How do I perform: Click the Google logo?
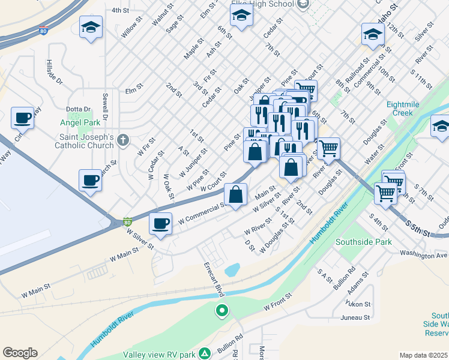click(x=20, y=353)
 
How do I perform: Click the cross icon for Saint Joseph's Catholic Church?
click(x=123, y=140)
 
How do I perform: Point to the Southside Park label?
click(x=363, y=242)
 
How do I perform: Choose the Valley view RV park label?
click(x=160, y=355)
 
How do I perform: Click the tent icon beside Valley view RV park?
click(x=205, y=353)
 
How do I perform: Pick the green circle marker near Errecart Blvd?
click(x=222, y=311)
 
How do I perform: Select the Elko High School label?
click(x=264, y=4)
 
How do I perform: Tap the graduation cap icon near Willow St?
click(x=91, y=27)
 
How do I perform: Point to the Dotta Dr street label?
click(x=79, y=109)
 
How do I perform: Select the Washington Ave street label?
click(x=424, y=255)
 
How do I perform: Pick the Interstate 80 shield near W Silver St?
click(x=127, y=222)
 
